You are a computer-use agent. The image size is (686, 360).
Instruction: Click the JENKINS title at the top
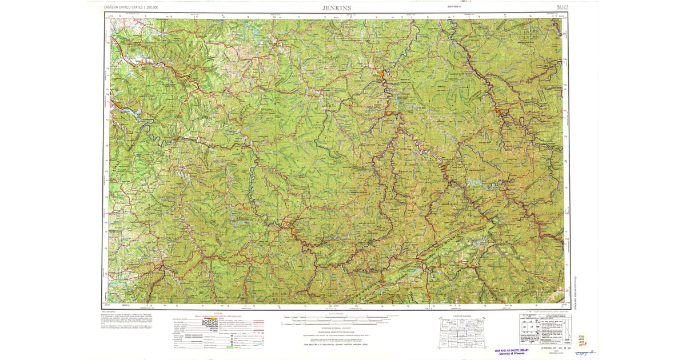(x=337, y=7)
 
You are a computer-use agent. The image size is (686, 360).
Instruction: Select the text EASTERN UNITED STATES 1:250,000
(x=131, y=7)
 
